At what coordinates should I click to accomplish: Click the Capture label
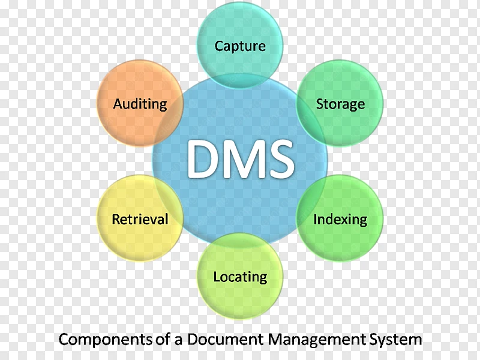[x=240, y=47]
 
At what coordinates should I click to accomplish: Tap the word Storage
[x=340, y=104]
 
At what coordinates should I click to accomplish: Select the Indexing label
[x=340, y=220]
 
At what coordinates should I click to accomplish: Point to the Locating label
[x=240, y=277]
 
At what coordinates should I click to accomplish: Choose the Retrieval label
[x=140, y=219]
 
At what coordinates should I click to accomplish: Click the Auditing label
[x=140, y=104]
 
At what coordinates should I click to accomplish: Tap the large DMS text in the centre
[x=241, y=159]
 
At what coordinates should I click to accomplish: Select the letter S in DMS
[x=281, y=159]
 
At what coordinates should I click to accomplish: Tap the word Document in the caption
[x=226, y=339]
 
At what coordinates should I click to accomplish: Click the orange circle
[x=140, y=103]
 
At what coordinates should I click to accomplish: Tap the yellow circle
[x=140, y=218]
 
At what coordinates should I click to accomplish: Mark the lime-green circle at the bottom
[x=240, y=276]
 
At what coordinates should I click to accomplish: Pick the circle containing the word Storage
[x=340, y=103]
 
